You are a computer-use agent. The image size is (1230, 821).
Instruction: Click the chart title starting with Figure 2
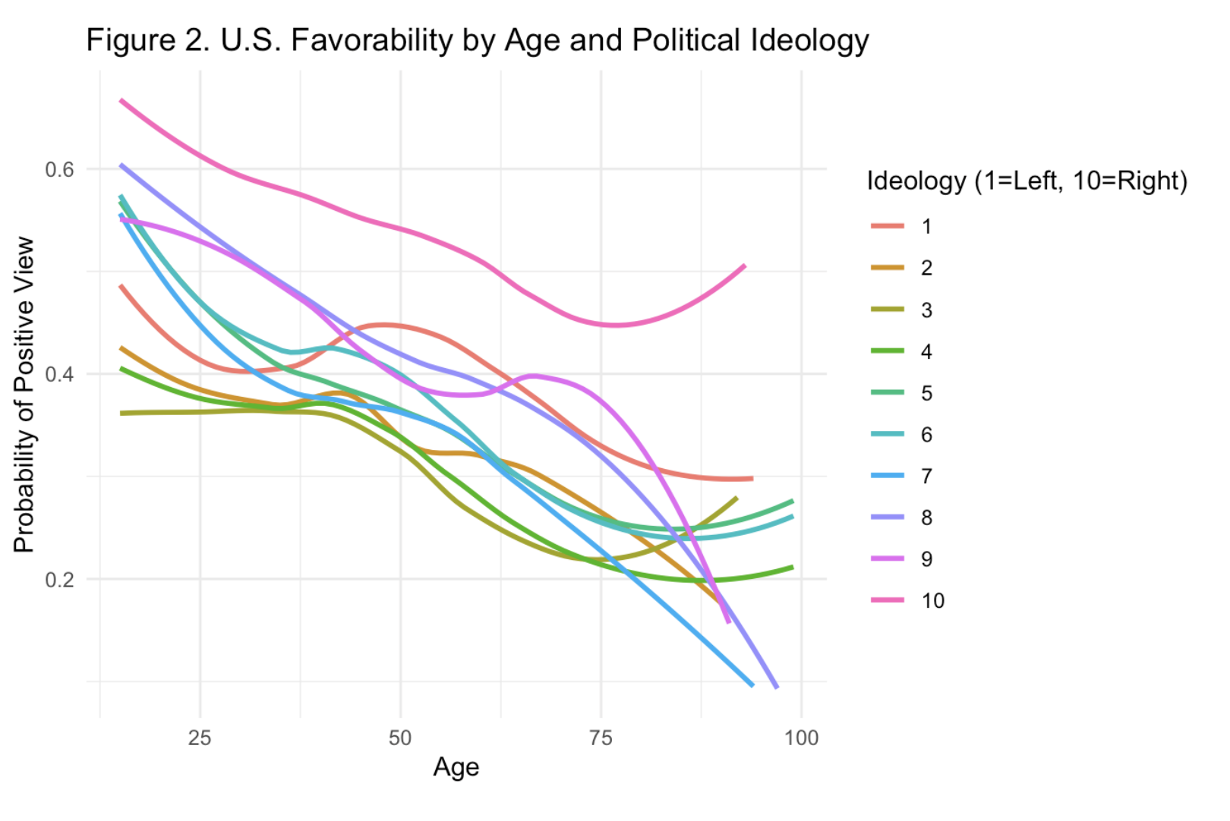tap(477, 40)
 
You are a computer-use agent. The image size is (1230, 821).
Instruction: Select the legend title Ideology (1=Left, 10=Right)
tap(1027, 181)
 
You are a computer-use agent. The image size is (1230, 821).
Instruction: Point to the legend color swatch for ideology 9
tap(888, 559)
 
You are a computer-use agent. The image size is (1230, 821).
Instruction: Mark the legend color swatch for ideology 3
tap(888, 310)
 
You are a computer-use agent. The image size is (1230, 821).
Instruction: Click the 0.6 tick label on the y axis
tap(60, 169)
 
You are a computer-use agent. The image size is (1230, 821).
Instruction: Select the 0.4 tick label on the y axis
tap(60, 374)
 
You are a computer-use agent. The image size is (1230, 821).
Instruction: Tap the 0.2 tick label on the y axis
tap(60, 580)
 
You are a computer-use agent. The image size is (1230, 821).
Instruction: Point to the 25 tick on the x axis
tap(200, 738)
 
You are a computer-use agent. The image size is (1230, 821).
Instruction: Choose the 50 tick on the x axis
tap(400, 738)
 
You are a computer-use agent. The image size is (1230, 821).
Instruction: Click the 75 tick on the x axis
tap(601, 738)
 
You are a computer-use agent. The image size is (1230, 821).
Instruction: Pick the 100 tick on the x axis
tap(801, 738)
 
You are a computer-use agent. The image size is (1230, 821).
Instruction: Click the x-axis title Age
tap(456, 767)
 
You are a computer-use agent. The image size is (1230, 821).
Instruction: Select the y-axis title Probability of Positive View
tap(24, 395)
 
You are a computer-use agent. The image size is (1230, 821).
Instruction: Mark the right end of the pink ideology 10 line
tap(744, 266)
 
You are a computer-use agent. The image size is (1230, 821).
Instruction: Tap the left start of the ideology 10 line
tap(121, 101)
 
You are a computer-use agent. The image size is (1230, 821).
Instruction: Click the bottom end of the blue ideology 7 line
tap(752, 684)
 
